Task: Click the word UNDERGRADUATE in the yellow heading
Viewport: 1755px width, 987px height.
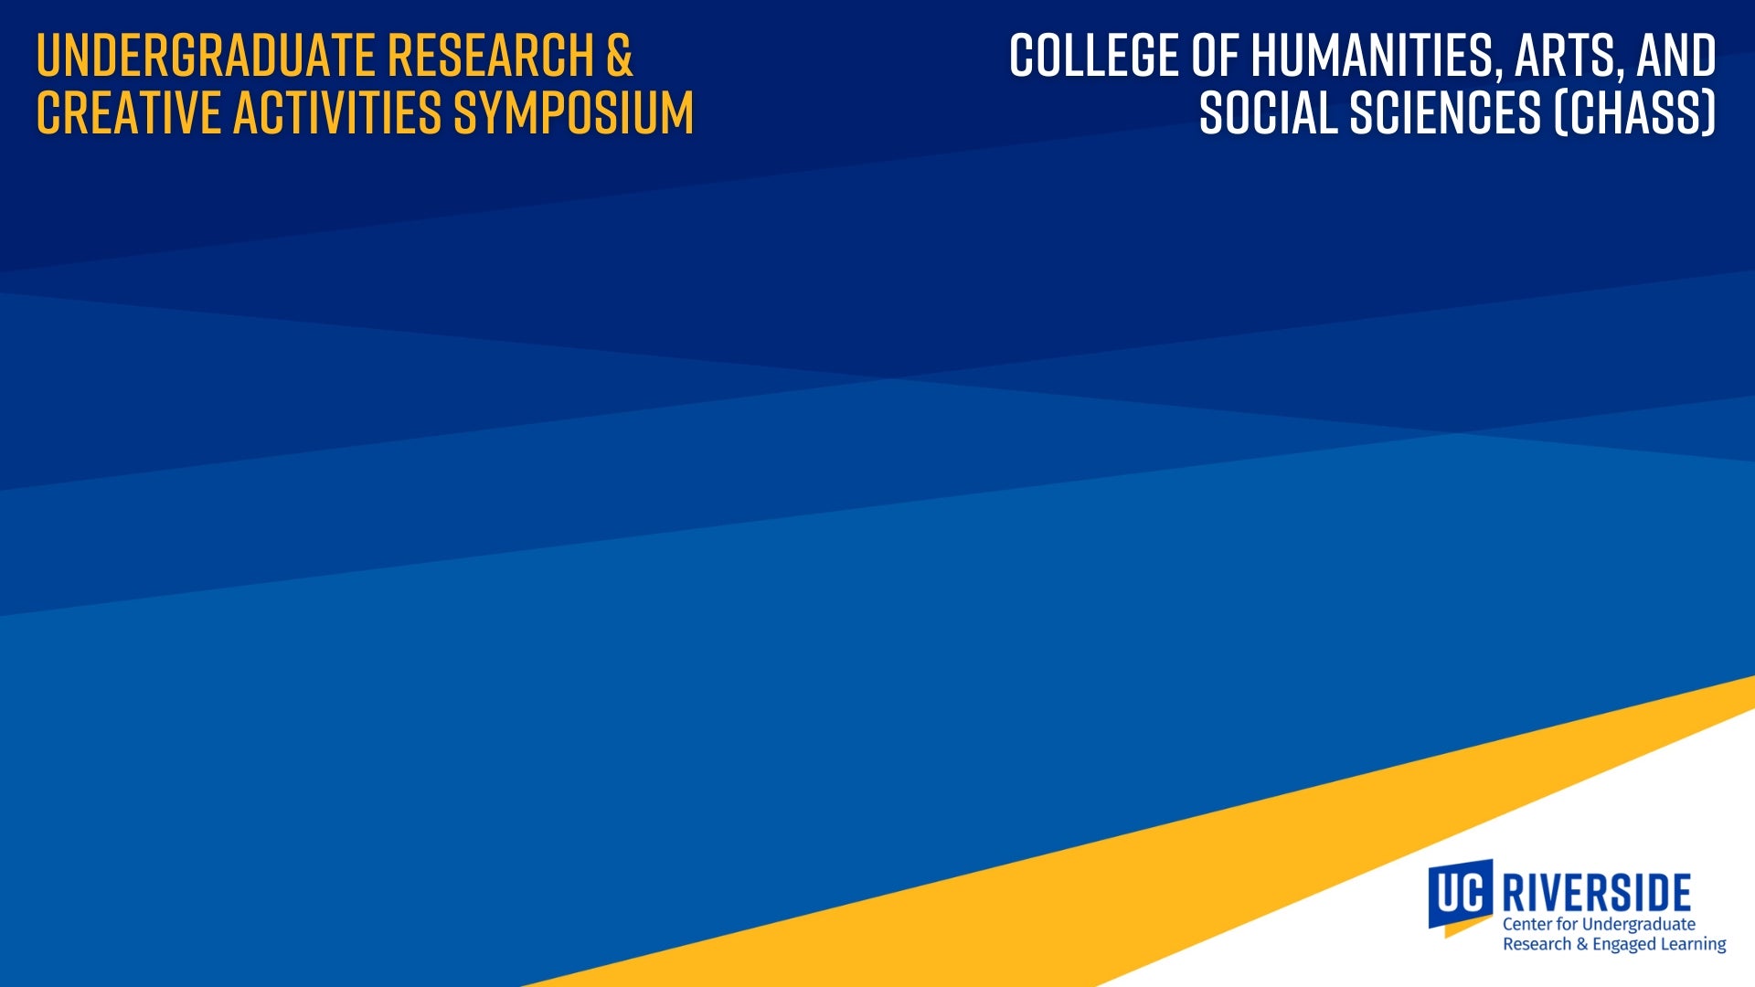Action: (207, 56)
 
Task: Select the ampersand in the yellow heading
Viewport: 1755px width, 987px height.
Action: (619, 56)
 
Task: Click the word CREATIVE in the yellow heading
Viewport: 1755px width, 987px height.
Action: (130, 113)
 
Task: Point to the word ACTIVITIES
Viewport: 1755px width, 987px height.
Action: (338, 113)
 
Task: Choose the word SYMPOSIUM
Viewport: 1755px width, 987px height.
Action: (574, 113)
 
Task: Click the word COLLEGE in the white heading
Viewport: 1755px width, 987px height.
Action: (1094, 56)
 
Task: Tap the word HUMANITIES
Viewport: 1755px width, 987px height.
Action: (1377, 58)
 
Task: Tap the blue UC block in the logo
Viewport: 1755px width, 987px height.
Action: (1461, 893)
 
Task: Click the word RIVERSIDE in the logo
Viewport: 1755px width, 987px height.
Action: (1597, 892)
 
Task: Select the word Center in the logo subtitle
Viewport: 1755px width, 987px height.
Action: (1527, 924)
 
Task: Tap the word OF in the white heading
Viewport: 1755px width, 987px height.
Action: (1215, 56)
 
